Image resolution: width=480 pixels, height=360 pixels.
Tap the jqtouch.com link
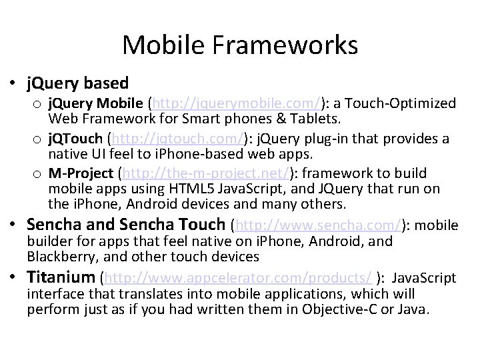click(x=175, y=139)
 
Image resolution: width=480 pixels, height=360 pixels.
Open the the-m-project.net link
click(x=203, y=174)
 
